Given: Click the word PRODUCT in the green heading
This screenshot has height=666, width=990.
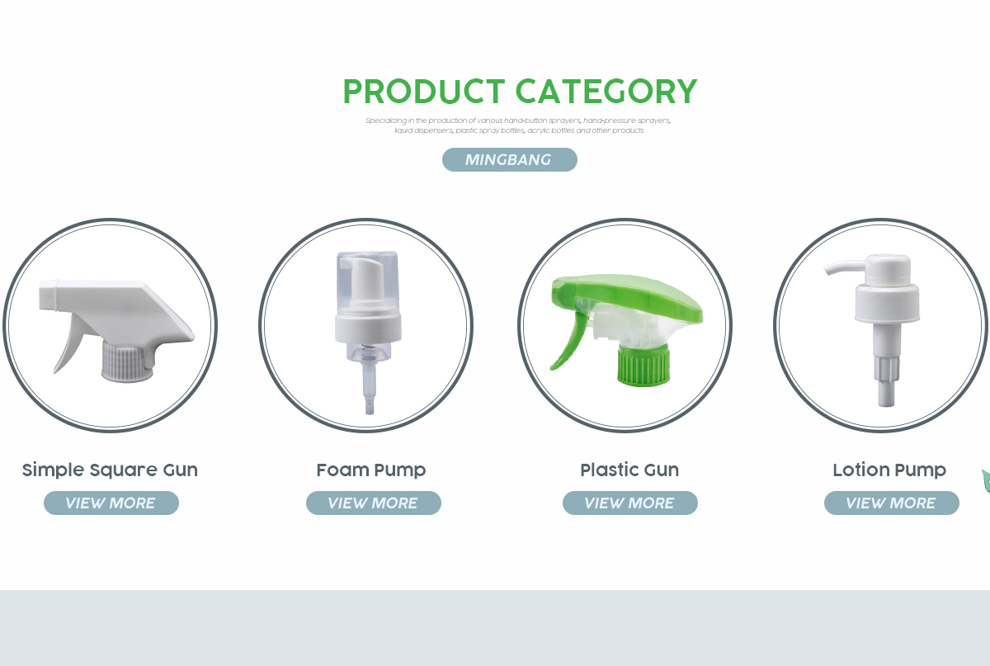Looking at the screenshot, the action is (x=424, y=92).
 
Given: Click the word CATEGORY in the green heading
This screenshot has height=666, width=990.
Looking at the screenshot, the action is (x=606, y=92).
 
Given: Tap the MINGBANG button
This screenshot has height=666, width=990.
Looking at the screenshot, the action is (x=510, y=159).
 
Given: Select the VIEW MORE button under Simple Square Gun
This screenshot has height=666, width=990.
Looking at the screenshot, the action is (x=111, y=503).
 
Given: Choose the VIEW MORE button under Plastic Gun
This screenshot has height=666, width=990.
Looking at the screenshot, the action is (x=629, y=503).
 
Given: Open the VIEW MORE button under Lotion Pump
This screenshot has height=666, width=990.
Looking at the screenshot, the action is (x=892, y=503).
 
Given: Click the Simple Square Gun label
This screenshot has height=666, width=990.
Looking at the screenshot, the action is (x=110, y=470).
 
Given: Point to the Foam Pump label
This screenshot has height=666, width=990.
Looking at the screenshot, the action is (x=371, y=470).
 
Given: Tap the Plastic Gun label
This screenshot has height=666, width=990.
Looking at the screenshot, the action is (x=629, y=470).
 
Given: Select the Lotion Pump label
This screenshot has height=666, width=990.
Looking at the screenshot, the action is (x=889, y=470).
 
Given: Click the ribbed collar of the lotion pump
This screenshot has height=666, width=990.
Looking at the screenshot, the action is (x=887, y=305).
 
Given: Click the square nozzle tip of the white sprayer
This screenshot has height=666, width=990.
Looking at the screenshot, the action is (x=49, y=295).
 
